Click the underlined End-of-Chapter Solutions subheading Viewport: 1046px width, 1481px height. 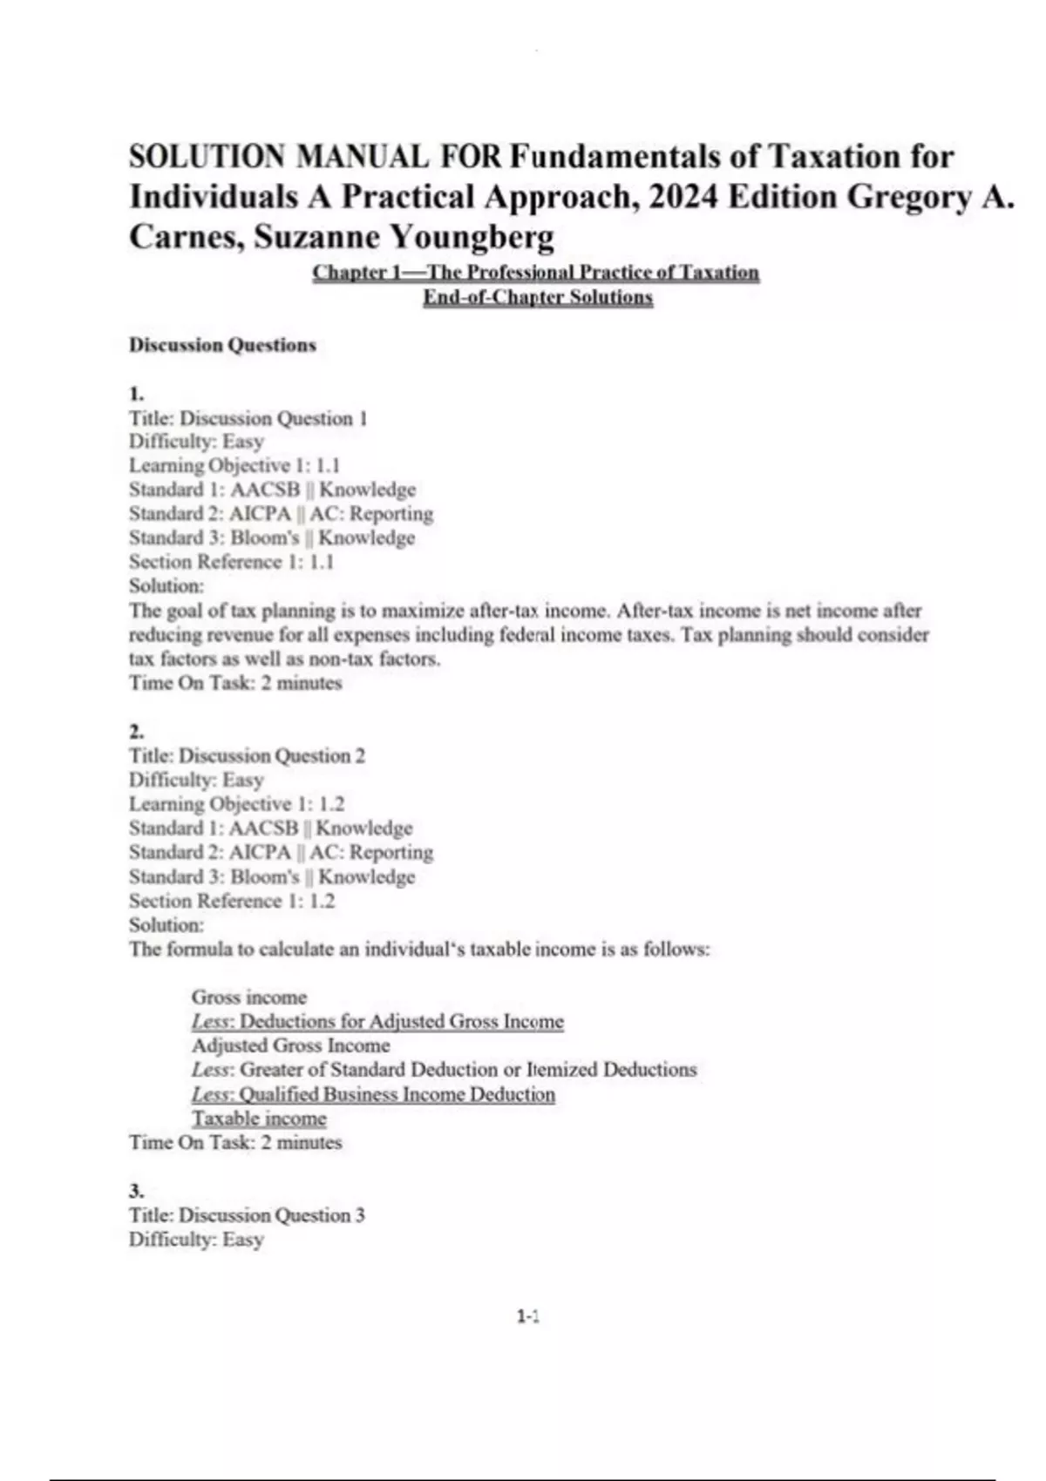[x=538, y=297]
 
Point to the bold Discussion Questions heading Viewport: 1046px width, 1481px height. [x=222, y=345]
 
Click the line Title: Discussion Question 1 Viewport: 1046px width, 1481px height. [x=248, y=418]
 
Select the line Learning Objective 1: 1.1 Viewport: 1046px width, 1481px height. [x=234, y=465]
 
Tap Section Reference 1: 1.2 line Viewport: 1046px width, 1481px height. [x=231, y=901]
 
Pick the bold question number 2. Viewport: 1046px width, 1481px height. [x=136, y=731]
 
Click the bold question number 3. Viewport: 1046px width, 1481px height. [x=136, y=1191]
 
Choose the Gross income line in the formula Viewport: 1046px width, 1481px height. [x=249, y=997]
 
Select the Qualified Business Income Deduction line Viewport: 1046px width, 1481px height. [x=373, y=1094]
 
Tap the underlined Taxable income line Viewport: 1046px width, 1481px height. [x=259, y=1119]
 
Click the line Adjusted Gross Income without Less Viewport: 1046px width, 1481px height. [x=290, y=1045]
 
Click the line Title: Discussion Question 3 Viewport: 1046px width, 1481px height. [x=247, y=1215]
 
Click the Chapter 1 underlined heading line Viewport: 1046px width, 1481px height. [x=536, y=273]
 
